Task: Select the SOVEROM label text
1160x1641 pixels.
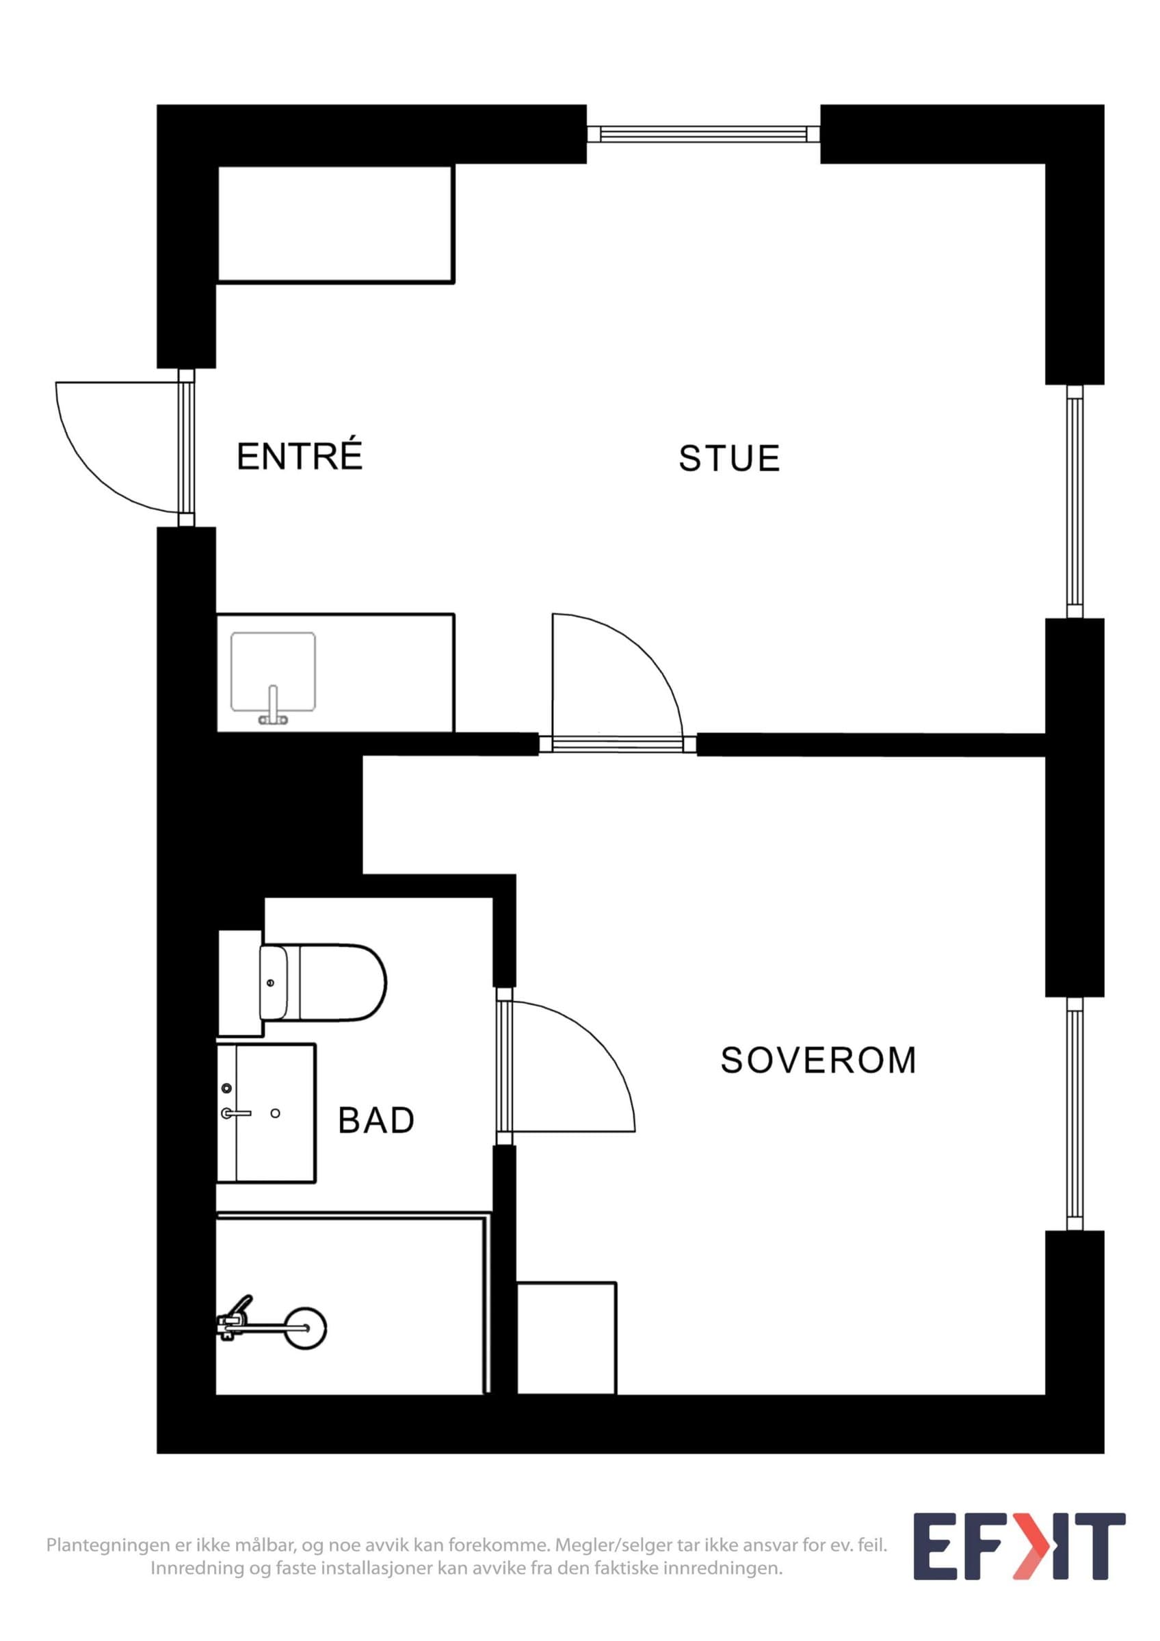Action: (x=819, y=1060)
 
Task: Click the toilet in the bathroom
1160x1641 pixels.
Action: (x=322, y=983)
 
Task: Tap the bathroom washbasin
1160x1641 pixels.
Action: (x=266, y=1113)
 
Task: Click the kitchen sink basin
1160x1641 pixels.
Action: (x=273, y=672)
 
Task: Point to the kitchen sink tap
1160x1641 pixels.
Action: (x=272, y=706)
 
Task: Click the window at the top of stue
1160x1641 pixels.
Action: (x=703, y=133)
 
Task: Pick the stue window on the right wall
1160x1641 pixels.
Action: (x=1075, y=501)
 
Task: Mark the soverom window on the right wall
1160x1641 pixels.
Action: (x=1075, y=1114)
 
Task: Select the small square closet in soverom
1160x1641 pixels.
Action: (x=566, y=1338)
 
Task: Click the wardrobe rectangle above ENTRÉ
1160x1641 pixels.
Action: (x=335, y=224)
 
